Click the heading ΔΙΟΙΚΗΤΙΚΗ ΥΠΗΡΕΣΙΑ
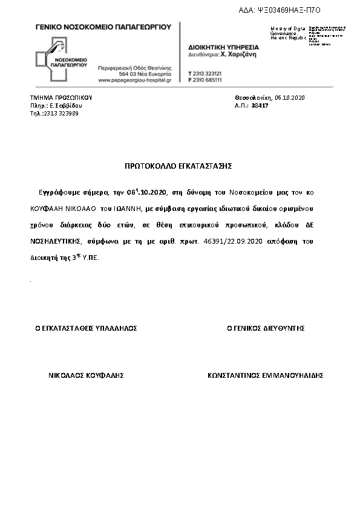click(x=223, y=47)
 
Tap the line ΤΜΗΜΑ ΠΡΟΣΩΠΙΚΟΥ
click(x=61, y=97)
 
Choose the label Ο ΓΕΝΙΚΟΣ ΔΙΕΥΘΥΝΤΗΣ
click(x=265, y=328)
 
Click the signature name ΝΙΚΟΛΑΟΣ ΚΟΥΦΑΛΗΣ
click(x=86, y=375)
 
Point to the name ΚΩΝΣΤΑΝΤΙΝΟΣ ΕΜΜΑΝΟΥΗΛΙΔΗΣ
click(x=265, y=375)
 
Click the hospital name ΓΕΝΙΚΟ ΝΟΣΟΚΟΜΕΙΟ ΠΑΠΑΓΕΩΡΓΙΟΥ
click(x=103, y=27)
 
